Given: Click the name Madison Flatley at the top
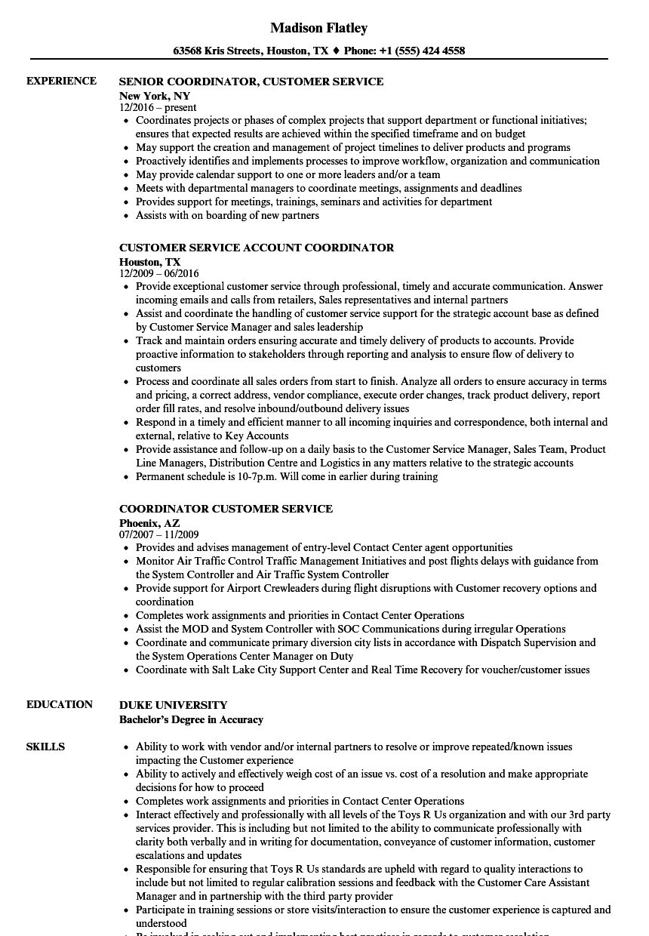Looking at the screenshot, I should pos(318,28).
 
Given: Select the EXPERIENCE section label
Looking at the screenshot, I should pos(61,81).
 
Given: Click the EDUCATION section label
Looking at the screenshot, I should pos(60,704).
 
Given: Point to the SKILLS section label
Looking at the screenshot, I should pos(45,747).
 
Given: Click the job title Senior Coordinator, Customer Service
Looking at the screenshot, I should pos(251,82).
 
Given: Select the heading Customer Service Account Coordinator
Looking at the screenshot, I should pos(257,248).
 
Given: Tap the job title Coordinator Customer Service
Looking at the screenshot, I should pos(226,509).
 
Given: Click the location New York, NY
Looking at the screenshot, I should pos(154,96).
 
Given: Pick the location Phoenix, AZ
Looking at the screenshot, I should pos(149,522).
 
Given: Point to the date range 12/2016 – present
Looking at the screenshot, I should pos(158,107).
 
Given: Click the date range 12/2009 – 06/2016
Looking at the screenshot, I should pos(158,273).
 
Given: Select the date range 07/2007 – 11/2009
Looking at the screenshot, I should pos(158,534).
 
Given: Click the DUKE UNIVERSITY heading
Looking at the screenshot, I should pos(173,705).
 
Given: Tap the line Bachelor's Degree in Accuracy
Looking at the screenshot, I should pos(191,719).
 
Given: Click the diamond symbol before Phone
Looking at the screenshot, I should pos(336,51).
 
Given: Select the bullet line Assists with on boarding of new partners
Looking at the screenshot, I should pos(227,215).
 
